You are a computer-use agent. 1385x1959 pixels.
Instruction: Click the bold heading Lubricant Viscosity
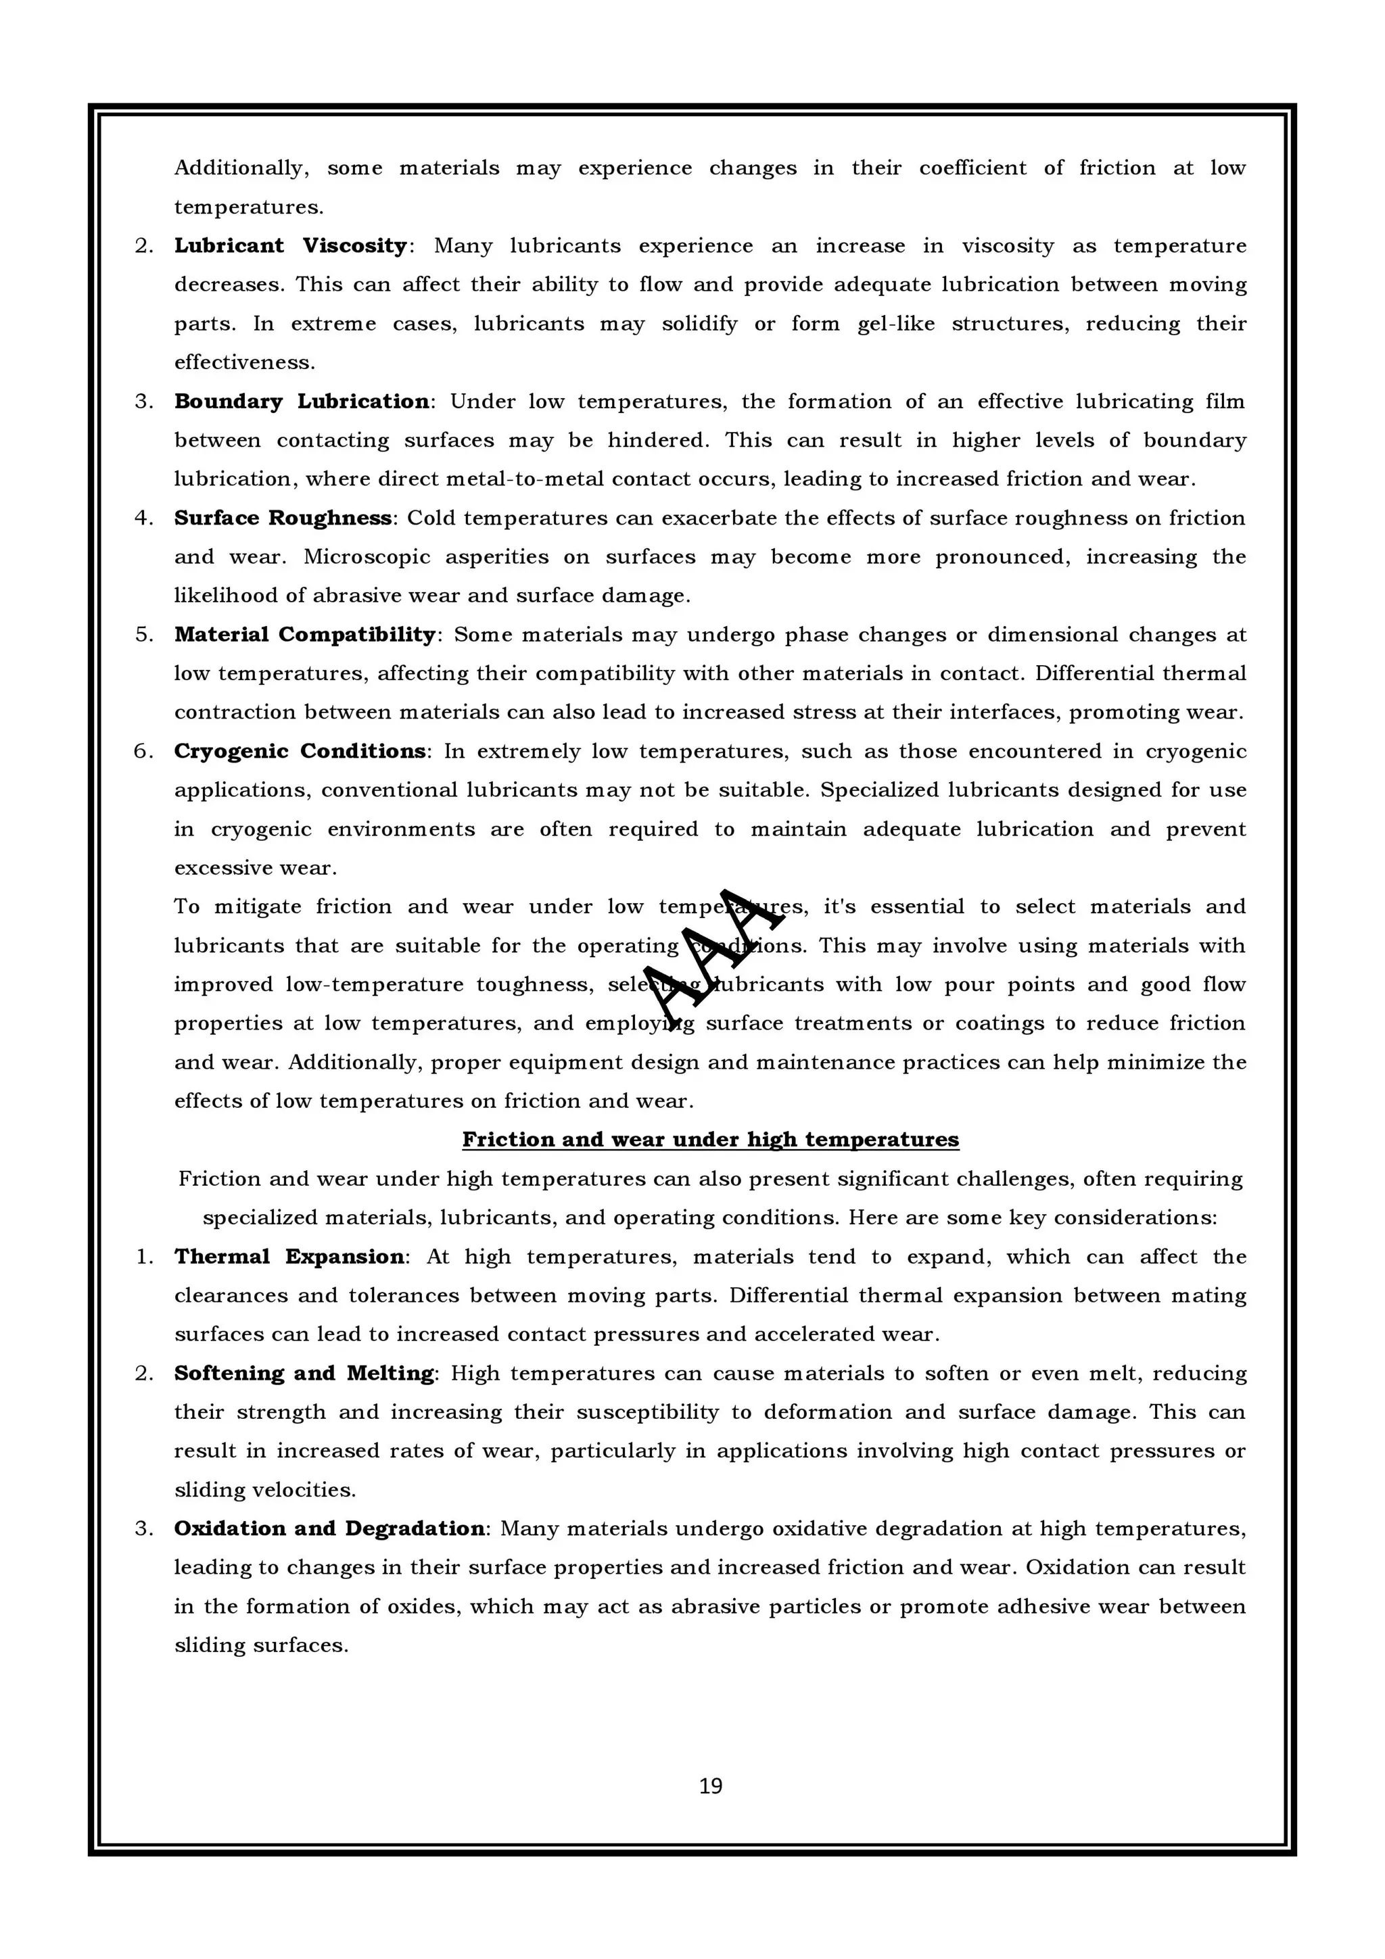(290, 246)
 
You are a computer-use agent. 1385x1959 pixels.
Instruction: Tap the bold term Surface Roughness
(283, 518)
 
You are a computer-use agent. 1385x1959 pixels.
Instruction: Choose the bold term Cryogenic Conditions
(300, 751)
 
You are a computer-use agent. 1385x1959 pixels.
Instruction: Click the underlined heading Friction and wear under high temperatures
(710, 1140)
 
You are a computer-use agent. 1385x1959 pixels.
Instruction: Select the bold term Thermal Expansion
(289, 1257)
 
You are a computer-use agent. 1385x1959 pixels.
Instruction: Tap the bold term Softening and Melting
(304, 1374)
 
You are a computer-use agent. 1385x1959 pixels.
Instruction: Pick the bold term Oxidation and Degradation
(329, 1528)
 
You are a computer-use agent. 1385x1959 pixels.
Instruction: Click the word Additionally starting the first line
(239, 168)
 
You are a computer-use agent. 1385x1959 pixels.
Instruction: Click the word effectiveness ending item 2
(243, 362)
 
